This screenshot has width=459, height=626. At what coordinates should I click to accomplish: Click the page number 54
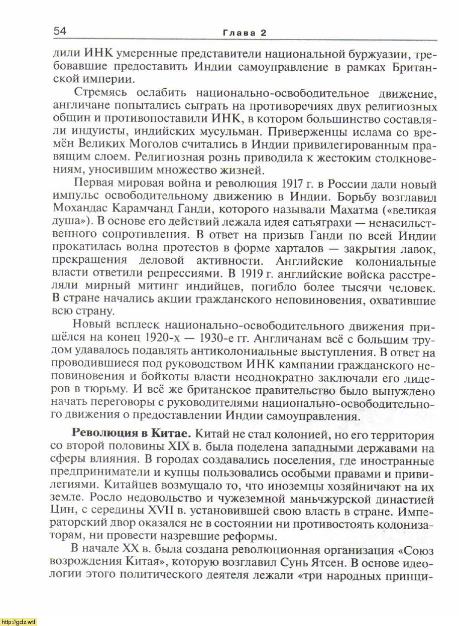click(x=60, y=31)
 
